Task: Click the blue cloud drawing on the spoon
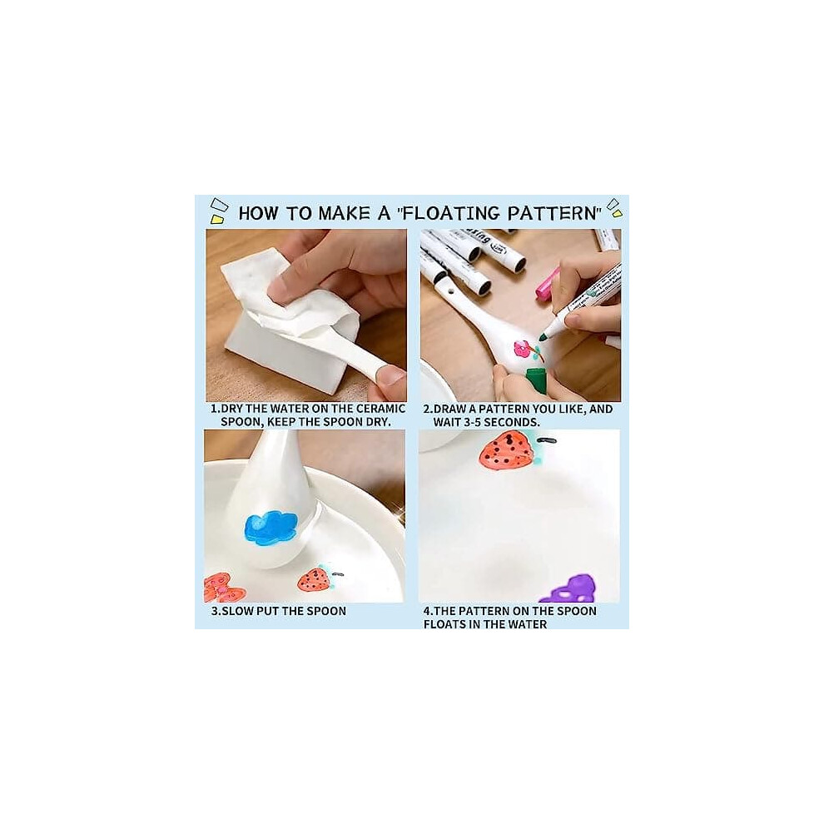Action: (271, 528)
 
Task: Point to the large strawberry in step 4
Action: (507, 451)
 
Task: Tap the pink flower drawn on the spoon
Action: (523, 349)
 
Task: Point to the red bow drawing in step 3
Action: (222, 588)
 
